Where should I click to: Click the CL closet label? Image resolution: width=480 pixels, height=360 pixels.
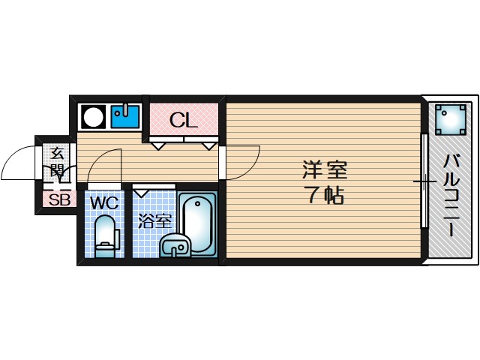point(183,119)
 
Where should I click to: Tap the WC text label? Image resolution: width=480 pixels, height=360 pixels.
point(103,202)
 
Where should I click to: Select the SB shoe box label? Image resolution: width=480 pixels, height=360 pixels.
point(58,200)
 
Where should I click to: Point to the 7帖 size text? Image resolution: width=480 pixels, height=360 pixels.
point(324,196)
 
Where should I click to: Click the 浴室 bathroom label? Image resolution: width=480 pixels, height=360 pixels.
point(155,221)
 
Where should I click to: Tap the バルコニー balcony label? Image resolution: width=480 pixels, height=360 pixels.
point(451,194)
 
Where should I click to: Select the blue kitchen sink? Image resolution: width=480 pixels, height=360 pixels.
point(125,116)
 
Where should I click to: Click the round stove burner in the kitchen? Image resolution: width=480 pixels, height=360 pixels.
point(94,117)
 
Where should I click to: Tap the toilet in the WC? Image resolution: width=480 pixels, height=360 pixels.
point(106,236)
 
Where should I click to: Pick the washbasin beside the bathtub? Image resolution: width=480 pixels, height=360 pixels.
point(175,245)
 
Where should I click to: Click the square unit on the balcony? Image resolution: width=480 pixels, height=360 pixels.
point(451,118)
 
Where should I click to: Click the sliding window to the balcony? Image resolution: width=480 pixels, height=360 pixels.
point(424,181)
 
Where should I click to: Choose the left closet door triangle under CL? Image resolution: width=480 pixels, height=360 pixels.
point(159,145)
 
